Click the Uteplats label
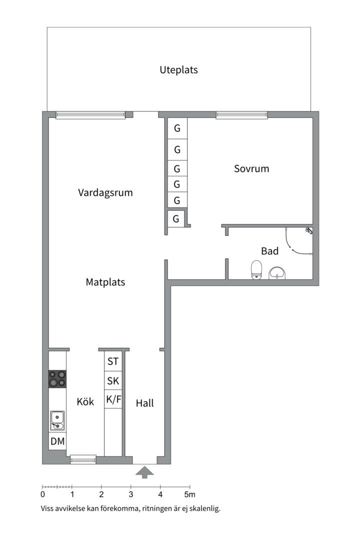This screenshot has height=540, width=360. point(178,70)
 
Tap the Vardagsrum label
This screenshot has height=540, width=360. point(105,192)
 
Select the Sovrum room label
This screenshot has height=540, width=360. point(251,168)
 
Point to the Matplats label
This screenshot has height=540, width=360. point(105,282)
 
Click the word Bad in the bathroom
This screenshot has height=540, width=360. point(269,251)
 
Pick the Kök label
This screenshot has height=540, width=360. point(85,401)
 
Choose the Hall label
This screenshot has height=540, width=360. point(144,403)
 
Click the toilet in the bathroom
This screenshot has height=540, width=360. point(256,269)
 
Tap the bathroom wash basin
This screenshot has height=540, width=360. point(277,273)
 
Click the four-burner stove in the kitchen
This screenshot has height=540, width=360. point(57,379)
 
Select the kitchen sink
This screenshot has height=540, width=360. point(57,420)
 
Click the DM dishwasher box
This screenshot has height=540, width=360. point(57,441)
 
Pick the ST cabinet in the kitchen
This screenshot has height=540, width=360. point(113,361)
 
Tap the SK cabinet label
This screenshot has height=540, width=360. point(113,381)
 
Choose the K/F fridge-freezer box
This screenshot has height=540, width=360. point(113,399)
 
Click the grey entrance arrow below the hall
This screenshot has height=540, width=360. point(144,472)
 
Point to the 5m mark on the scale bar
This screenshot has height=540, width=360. point(190,495)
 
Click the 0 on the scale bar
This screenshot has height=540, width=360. point(42,495)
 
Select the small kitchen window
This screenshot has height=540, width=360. point(83,459)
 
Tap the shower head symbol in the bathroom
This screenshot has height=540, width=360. point(309,230)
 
